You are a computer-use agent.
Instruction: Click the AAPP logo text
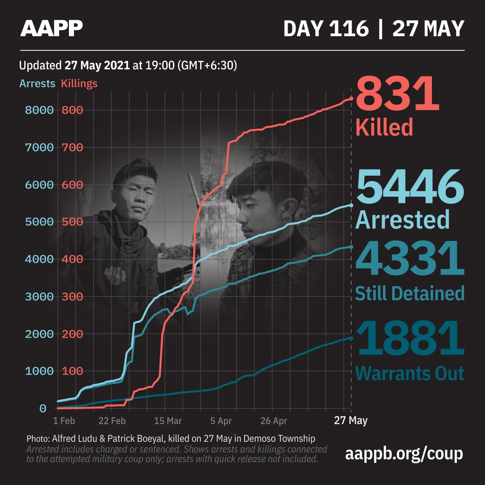(x=51, y=28)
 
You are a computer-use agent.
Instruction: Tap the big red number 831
(x=398, y=95)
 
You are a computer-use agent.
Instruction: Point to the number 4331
(x=410, y=259)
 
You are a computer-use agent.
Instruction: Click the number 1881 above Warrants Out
(x=410, y=338)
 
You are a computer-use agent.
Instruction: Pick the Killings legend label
(x=79, y=84)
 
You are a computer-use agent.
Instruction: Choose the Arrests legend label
(x=37, y=84)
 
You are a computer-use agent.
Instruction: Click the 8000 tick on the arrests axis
(x=39, y=110)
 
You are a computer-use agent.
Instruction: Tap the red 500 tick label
(x=72, y=222)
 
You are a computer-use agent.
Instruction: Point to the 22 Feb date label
(x=112, y=421)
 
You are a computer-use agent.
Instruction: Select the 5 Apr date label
(x=221, y=421)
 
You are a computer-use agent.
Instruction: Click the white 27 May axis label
(x=351, y=421)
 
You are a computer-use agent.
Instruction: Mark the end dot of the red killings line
(x=351, y=99)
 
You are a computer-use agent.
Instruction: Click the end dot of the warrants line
(x=351, y=338)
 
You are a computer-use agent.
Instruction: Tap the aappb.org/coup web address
(x=404, y=454)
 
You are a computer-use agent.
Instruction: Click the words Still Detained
(x=410, y=293)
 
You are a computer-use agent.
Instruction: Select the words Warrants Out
(x=410, y=374)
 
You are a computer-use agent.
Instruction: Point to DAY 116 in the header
(x=326, y=29)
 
